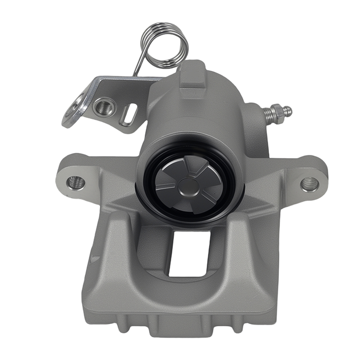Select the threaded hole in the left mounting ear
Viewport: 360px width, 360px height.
coord(76,183)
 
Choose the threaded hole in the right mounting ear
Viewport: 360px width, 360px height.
coord(310,184)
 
